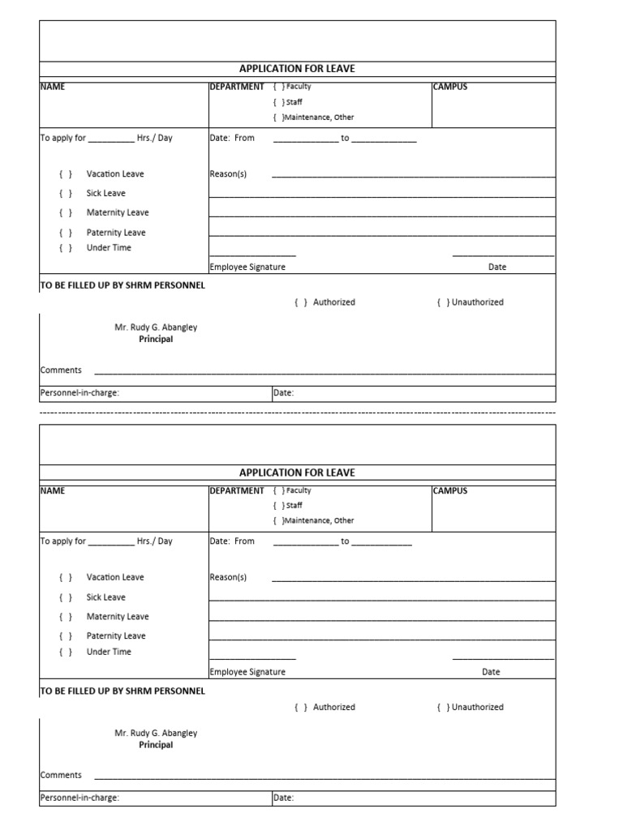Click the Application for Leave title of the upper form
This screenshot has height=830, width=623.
(297, 69)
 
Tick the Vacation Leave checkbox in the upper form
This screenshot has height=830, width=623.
(66, 174)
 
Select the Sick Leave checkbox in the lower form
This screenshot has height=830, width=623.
(66, 597)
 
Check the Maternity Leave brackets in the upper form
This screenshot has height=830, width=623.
(66, 213)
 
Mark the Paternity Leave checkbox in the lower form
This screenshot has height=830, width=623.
(66, 636)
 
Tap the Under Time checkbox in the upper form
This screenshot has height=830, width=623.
(66, 248)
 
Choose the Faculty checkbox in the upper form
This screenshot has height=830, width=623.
(278, 87)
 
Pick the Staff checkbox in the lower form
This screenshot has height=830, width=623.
(278, 506)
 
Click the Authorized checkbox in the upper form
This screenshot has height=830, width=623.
(300, 302)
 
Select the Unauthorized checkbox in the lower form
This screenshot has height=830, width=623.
(443, 708)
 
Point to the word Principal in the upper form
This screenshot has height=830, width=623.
(156, 340)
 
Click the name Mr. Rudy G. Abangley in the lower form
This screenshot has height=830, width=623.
(156, 733)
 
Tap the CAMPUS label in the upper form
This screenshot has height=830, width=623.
(450, 87)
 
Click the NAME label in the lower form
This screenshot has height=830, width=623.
(53, 490)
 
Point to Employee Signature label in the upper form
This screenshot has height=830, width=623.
(247, 267)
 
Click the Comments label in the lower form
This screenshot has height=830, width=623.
(61, 775)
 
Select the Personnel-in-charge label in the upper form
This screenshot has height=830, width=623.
(79, 393)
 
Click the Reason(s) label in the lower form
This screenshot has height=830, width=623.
(228, 578)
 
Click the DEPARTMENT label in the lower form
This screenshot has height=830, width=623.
(237, 490)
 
